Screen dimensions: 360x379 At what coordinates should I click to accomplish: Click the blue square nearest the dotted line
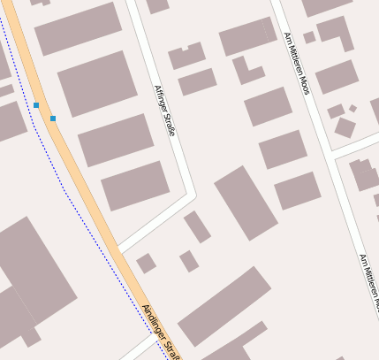tap(36, 105)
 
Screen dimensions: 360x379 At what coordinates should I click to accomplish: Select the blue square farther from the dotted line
tap(53, 118)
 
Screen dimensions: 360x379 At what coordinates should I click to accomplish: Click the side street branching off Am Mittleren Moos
tap(353, 144)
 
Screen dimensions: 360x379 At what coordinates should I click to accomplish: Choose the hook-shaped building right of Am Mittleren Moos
tap(336, 32)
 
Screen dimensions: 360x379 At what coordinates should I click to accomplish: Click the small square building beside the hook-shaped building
tap(309, 38)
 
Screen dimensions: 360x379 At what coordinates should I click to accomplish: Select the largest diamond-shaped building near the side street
tap(345, 127)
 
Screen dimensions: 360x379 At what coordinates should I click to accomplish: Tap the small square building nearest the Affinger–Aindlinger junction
tap(146, 263)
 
